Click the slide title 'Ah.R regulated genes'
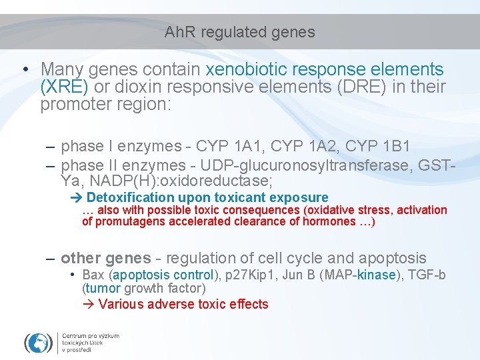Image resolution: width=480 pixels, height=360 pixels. tap(239, 32)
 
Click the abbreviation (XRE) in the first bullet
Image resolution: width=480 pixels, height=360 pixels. tap(65, 87)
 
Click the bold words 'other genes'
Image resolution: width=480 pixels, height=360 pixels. tap(105, 258)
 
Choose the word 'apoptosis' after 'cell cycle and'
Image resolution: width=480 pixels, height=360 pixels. tap(393, 258)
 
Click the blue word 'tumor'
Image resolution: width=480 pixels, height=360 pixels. tap(103, 289)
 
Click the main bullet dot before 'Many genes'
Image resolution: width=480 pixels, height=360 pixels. tap(24, 70)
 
